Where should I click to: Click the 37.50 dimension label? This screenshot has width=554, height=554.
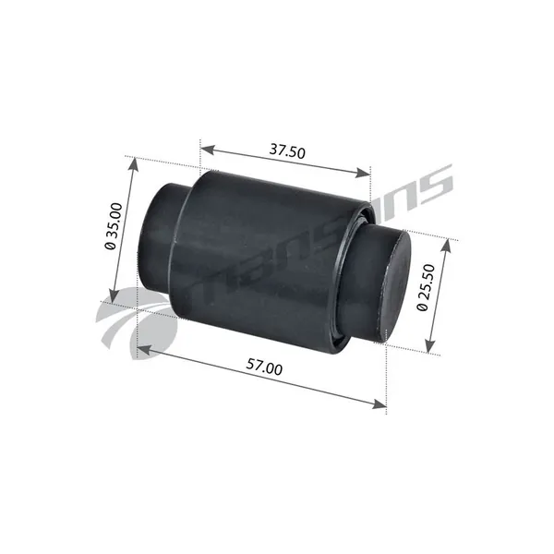(x=287, y=151)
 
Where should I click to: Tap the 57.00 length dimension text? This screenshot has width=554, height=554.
(x=264, y=367)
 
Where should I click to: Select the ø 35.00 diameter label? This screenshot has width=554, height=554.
(x=114, y=226)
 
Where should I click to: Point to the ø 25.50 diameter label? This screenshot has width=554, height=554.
(x=426, y=287)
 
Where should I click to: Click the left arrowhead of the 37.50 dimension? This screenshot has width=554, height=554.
(x=208, y=150)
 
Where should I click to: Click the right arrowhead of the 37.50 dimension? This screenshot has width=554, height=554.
(x=364, y=174)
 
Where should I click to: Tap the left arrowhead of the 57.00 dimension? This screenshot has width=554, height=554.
(x=144, y=350)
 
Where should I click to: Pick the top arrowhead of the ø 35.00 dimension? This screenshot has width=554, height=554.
(x=133, y=164)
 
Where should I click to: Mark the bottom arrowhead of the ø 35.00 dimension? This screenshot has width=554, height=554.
(x=114, y=296)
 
